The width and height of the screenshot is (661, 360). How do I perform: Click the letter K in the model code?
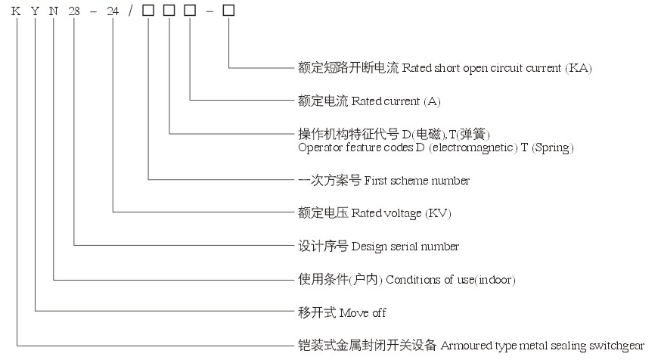click(x=16, y=14)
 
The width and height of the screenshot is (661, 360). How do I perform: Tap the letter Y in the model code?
click(x=36, y=14)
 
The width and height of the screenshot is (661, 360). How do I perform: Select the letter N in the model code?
click(x=54, y=14)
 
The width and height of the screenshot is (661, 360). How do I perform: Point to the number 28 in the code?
click(x=75, y=14)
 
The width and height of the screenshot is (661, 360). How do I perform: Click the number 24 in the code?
click(x=114, y=14)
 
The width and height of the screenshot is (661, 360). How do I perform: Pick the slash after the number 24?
click(x=134, y=14)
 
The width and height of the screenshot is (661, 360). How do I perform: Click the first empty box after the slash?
click(x=150, y=14)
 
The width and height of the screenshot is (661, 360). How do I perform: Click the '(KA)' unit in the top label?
click(x=579, y=68)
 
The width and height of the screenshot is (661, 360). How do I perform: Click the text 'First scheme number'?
click(x=417, y=181)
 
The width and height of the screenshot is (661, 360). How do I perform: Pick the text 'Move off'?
click(x=363, y=312)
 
